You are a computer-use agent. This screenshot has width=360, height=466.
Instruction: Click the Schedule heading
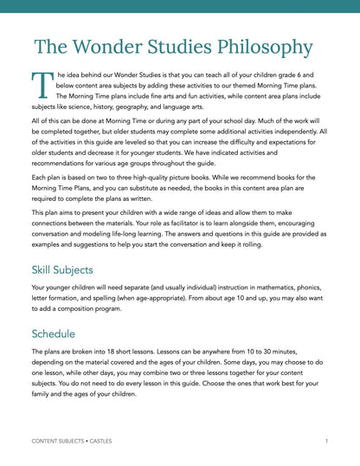pos(54,333)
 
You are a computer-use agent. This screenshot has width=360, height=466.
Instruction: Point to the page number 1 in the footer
pos(326,442)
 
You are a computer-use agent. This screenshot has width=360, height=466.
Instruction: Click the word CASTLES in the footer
pos(99,442)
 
